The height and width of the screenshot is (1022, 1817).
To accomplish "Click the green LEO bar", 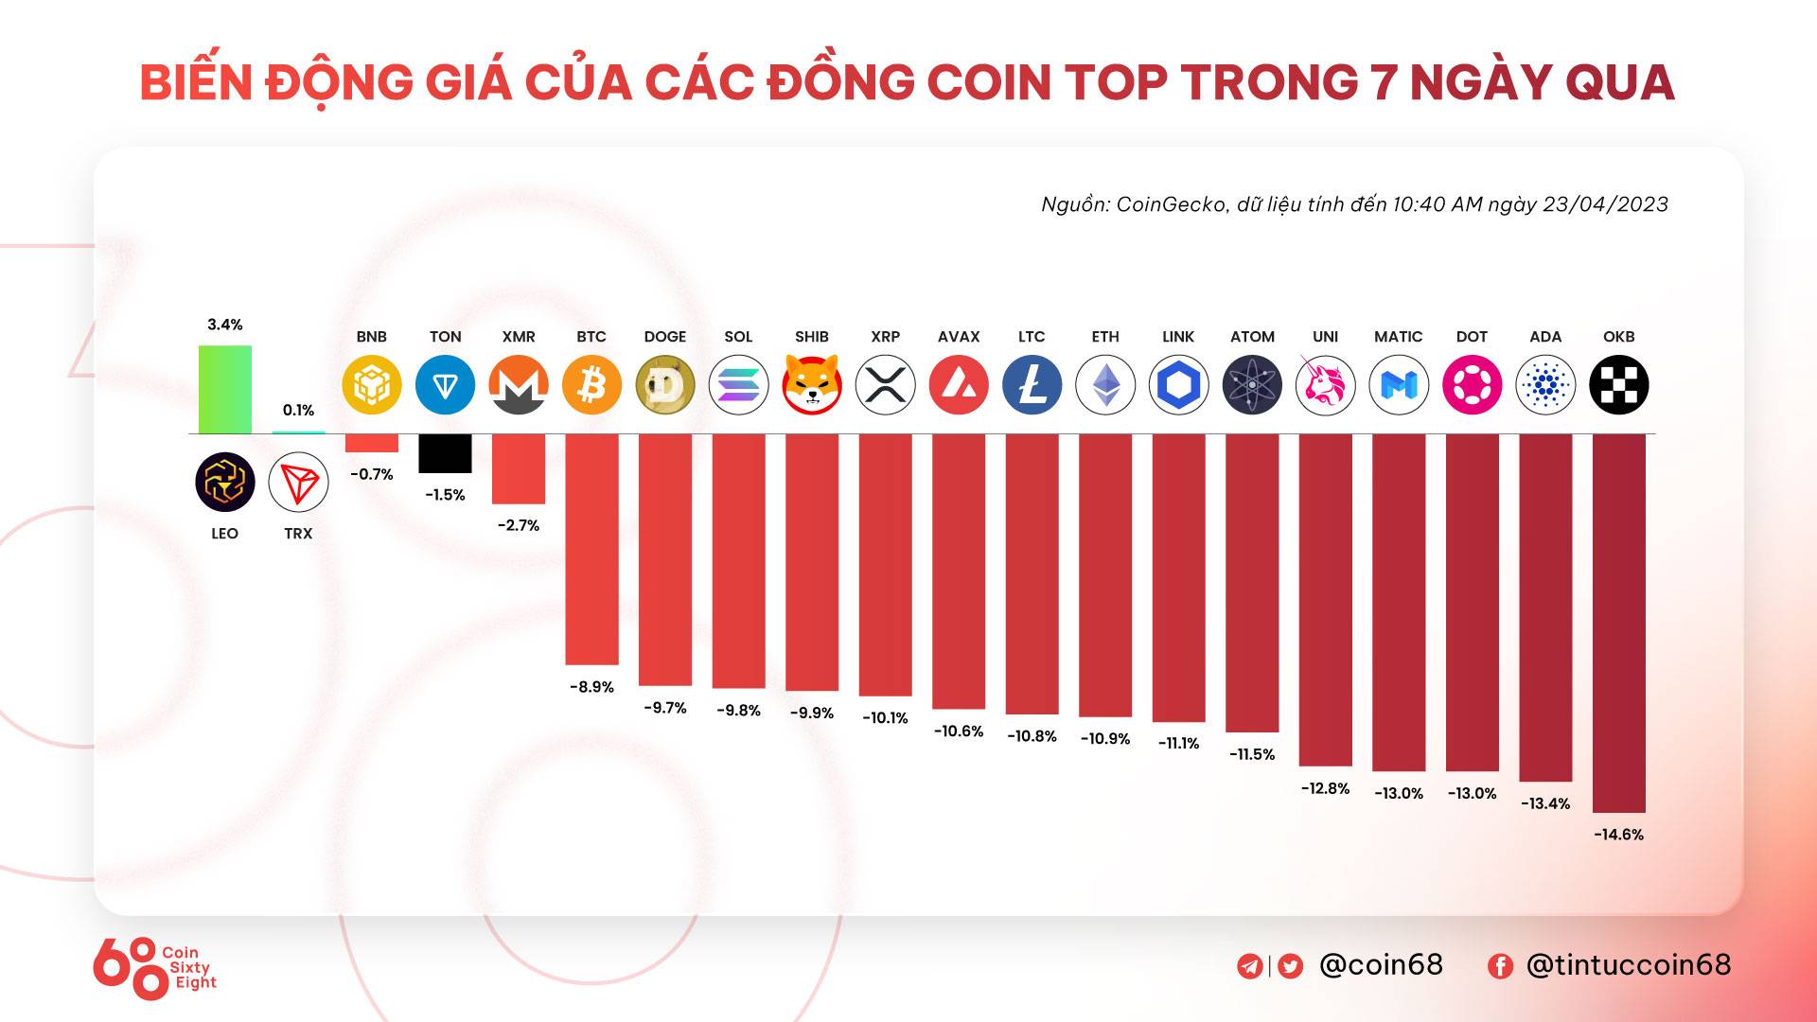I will click(x=224, y=389).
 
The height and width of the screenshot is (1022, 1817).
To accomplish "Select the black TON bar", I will click(x=445, y=453).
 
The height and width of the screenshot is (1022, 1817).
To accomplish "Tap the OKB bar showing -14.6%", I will click(x=1618, y=623).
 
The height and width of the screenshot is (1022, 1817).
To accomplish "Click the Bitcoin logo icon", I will click(x=591, y=385).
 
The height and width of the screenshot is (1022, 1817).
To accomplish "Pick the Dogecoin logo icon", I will click(x=665, y=385).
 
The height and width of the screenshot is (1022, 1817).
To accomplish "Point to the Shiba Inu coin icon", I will click(x=812, y=385).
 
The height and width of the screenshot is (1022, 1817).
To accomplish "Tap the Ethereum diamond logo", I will click(x=1105, y=385).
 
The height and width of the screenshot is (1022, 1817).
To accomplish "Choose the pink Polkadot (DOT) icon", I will click(x=1472, y=385).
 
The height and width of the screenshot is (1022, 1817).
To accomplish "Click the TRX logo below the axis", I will click(x=298, y=483).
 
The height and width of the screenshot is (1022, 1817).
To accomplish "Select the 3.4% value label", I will click(x=224, y=325).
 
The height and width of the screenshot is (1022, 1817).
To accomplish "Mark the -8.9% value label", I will click(x=591, y=687).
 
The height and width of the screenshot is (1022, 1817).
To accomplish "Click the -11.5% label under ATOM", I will click(x=1252, y=754).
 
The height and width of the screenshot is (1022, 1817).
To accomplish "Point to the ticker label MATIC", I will click(x=1398, y=337).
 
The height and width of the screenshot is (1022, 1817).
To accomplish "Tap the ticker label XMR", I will click(x=519, y=337).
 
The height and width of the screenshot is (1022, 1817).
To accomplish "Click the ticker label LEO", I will click(x=224, y=534).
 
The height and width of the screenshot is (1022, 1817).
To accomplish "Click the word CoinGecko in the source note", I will click(x=1171, y=204).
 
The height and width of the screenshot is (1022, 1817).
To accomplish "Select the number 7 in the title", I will click(x=1383, y=82).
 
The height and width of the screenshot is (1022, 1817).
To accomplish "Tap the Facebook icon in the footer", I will click(x=1500, y=966).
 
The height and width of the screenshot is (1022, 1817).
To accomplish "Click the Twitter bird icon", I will click(x=1290, y=966).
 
